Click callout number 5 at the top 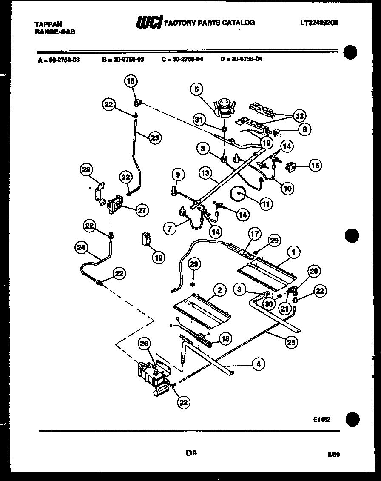[x=196, y=89]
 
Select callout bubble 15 [x=131, y=81]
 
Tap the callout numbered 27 [x=142, y=209]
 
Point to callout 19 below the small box [x=158, y=257]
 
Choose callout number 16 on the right [x=315, y=166]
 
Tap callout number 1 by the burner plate [x=293, y=253]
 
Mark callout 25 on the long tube [x=291, y=341]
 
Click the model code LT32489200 [x=318, y=23]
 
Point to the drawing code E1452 [x=322, y=419]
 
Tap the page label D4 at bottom [x=191, y=453]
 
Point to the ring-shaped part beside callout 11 [x=237, y=194]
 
